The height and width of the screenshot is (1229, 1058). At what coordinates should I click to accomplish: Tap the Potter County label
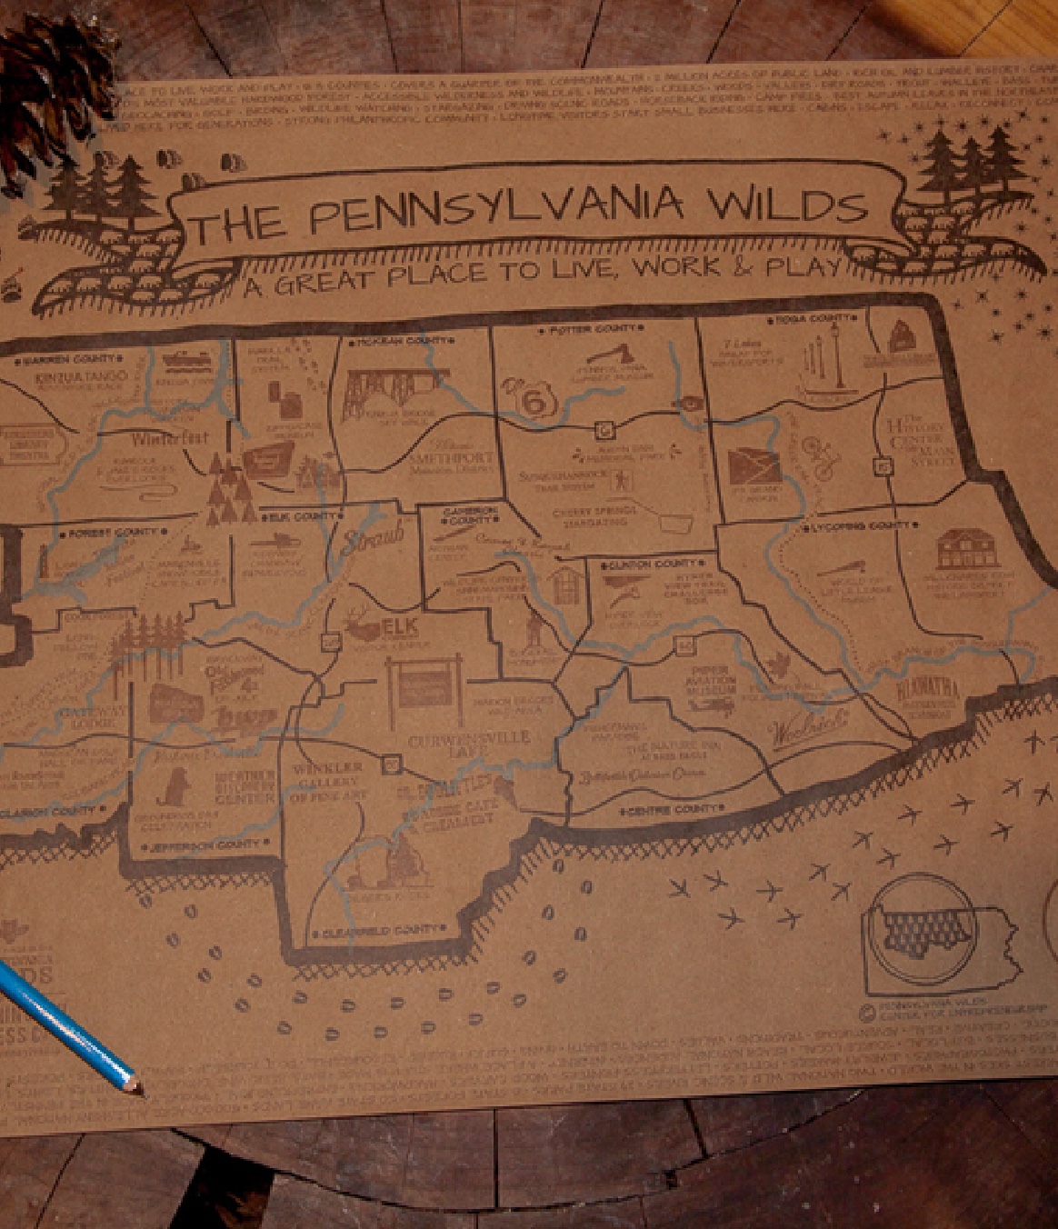click(x=593, y=329)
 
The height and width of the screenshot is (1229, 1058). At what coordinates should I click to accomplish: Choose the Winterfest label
click(x=170, y=439)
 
